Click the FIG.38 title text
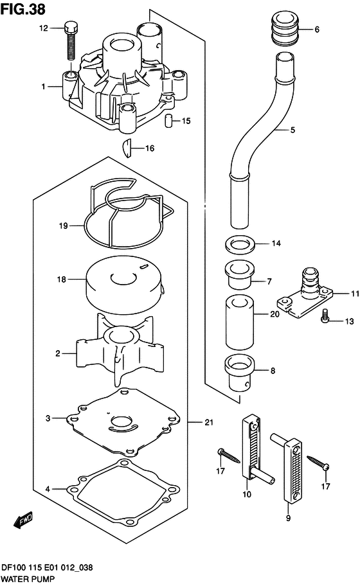22,10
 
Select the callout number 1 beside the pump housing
43,87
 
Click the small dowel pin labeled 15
168,120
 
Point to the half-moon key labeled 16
127,148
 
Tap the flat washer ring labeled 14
240,244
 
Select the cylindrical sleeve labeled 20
240,322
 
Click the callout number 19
63,226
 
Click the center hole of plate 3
122,423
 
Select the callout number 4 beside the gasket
48,489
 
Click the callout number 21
208,422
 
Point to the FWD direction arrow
23,520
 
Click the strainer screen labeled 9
292,471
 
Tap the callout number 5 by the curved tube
292,130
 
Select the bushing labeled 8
240,372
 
